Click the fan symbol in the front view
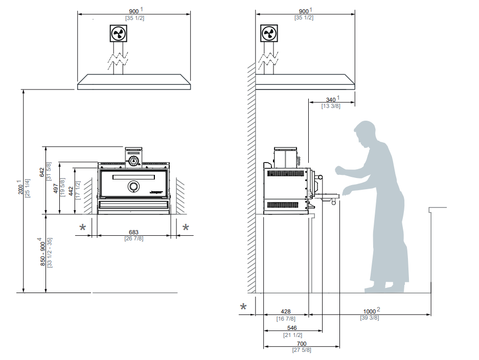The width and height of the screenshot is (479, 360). tap(118, 34)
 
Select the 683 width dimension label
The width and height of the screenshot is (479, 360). tap(133, 232)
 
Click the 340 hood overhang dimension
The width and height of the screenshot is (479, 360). tap(331, 100)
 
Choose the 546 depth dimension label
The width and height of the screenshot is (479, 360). tap(292, 328)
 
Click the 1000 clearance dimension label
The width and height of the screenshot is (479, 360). tap(369, 311)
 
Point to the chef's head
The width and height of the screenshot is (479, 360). tap(368, 133)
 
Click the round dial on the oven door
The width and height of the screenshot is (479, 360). tap(133, 187)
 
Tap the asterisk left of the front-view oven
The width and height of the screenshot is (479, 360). tap(83, 227)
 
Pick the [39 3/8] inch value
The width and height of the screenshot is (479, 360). tap(369, 318)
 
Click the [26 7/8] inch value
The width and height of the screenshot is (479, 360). tap(133, 239)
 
